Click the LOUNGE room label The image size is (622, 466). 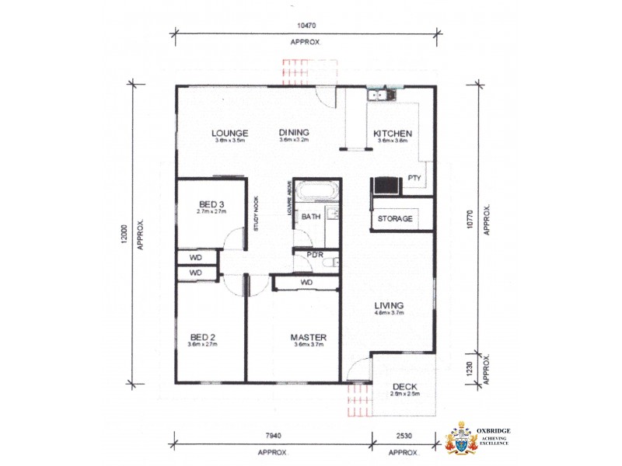(229, 133)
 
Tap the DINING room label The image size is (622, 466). (294, 133)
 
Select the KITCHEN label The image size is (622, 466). (392, 133)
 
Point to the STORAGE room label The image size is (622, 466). (395, 219)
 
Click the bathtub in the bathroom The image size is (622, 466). (316, 191)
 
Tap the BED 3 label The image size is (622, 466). (211, 204)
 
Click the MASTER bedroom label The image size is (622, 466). (308, 337)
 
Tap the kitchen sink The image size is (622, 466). (382, 96)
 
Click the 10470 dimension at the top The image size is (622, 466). (305, 26)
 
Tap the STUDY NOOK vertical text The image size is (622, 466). (256, 213)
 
